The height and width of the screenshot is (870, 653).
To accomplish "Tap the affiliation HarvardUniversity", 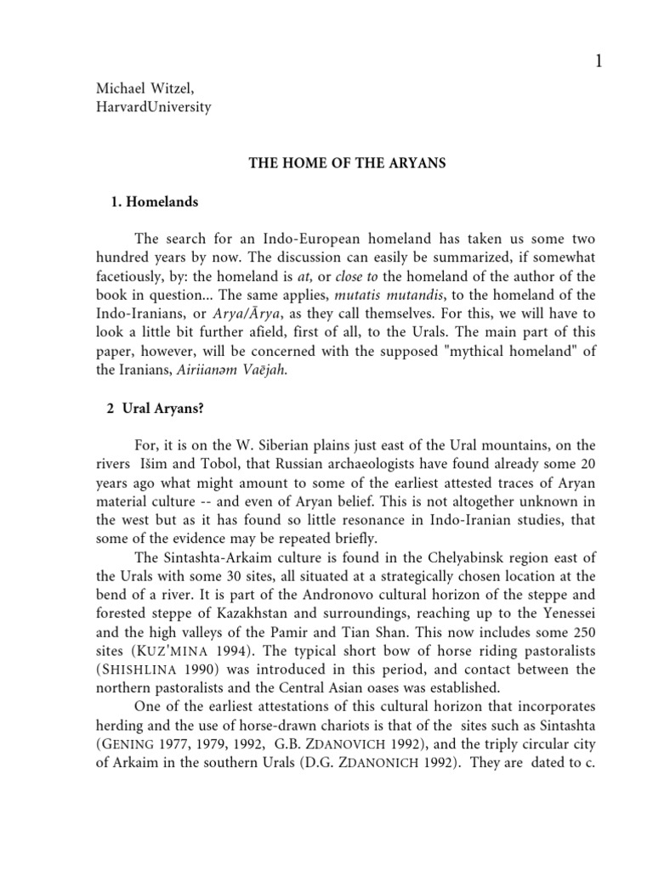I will (x=145, y=107).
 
